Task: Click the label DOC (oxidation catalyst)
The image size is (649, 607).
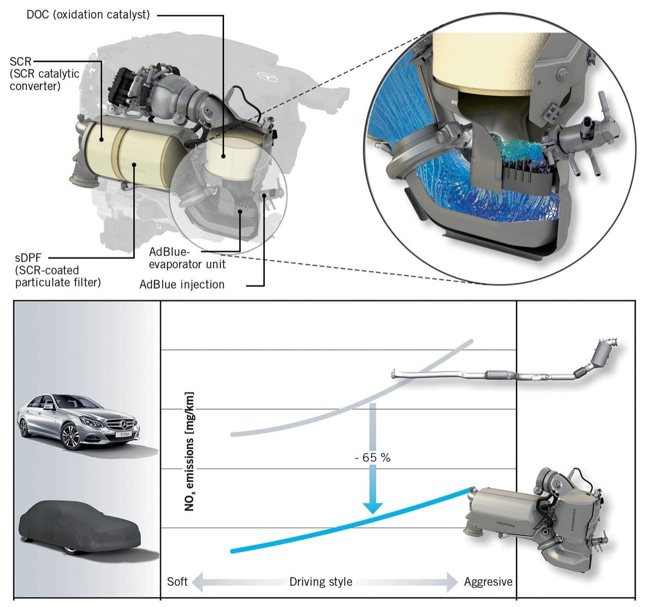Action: tap(88, 14)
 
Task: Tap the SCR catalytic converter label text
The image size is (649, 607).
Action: tap(45, 74)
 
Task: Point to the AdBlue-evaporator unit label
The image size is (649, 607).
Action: tap(187, 258)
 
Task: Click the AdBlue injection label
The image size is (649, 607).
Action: tap(182, 284)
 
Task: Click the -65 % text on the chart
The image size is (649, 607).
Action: tap(373, 458)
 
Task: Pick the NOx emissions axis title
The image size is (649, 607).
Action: tap(190, 451)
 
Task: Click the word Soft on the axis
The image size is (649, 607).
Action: tap(177, 581)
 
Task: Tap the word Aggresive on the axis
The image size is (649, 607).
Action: tap(488, 581)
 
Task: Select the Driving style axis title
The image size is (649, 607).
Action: tap(320, 581)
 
